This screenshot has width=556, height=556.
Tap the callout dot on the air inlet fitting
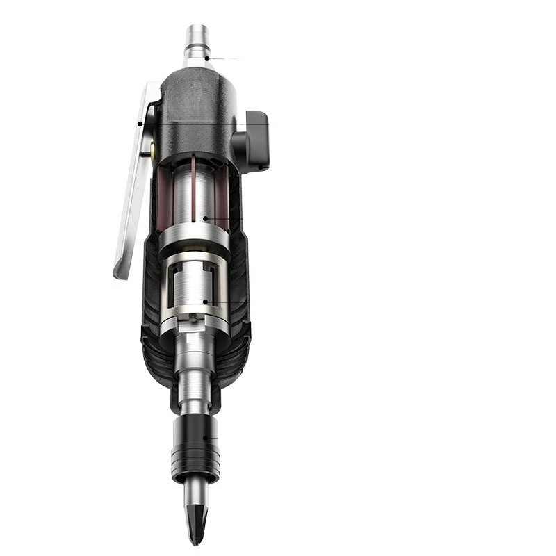pyautogui.click(x=206, y=58)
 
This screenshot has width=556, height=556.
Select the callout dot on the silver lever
pyautogui.click(x=140, y=124)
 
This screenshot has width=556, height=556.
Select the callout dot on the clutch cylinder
pyautogui.click(x=205, y=302)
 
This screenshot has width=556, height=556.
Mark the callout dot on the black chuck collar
pyautogui.click(x=205, y=437)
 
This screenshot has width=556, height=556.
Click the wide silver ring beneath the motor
pyautogui.click(x=194, y=240)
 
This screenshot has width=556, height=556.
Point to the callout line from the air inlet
pyautogui.click(x=222, y=58)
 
